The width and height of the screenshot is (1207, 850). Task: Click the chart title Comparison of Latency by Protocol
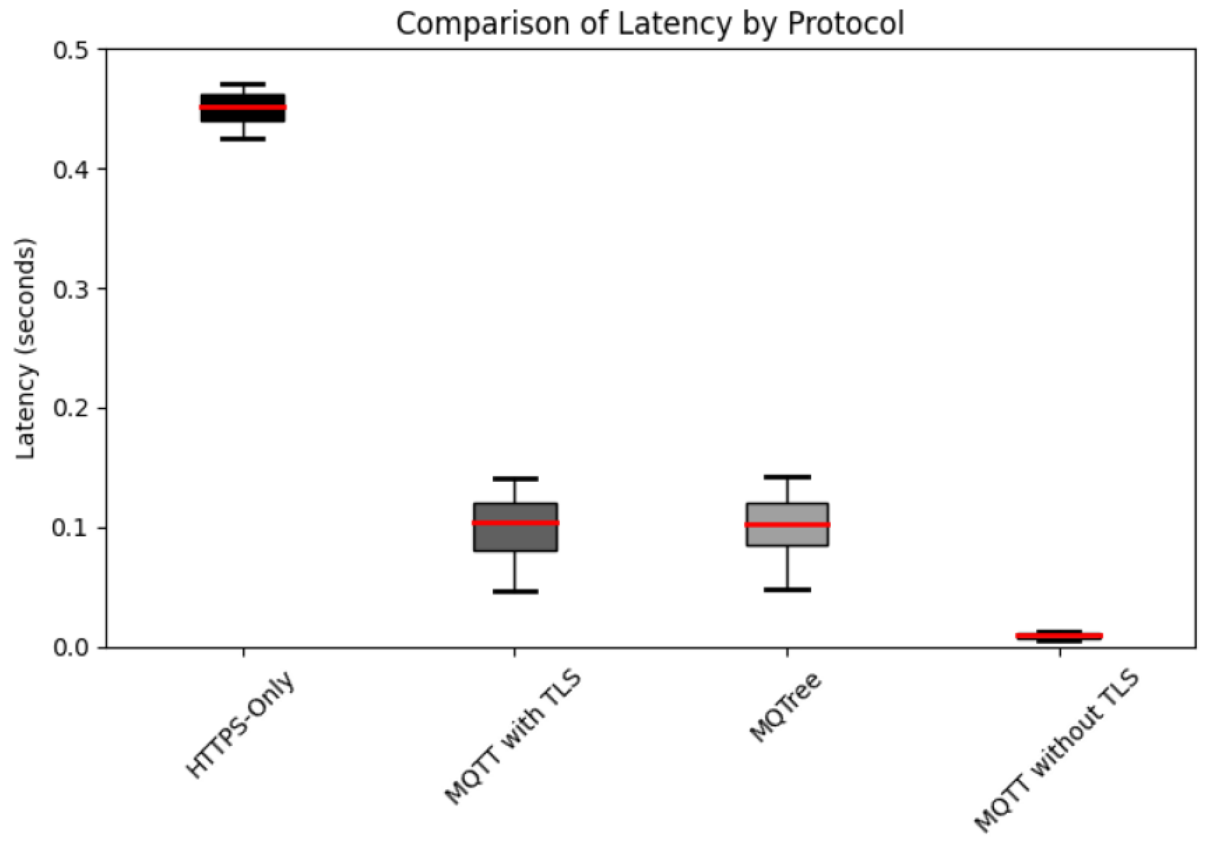click(x=650, y=24)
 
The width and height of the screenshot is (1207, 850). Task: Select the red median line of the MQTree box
click(x=787, y=524)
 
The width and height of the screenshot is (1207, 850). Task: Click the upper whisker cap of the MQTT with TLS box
click(x=515, y=479)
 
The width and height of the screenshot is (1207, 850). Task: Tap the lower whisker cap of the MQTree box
click(x=787, y=590)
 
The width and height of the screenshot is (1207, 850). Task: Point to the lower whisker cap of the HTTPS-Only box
click(x=243, y=139)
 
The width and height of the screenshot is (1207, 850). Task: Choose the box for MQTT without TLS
click(x=1059, y=636)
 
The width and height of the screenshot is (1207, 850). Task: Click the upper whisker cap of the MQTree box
click(x=787, y=477)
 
